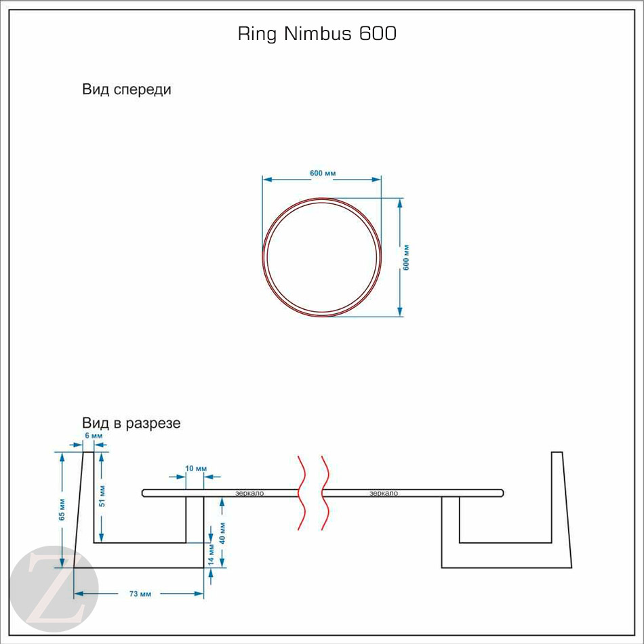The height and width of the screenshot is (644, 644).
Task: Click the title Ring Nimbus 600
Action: (x=317, y=34)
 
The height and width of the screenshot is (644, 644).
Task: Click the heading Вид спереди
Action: (x=127, y=89)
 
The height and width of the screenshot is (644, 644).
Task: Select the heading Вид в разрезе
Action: (x=132, y=424)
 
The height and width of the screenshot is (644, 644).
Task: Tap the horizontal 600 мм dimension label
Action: (x=323, y=174)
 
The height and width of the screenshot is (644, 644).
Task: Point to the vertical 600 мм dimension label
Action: (x=407, y=258)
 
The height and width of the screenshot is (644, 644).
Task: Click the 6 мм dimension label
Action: (x=94, y=435)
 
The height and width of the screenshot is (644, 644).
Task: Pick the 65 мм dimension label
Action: (x=62, y=509)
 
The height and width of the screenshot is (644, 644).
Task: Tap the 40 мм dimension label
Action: (x=223, y=532)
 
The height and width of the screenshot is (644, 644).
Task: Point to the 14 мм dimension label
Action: (x=212, y=555)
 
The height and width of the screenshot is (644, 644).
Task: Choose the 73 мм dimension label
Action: (x=140, y=594)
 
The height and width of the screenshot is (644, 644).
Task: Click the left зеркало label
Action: (x=249, y=494)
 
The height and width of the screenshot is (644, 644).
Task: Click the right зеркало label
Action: (x=384, y=494)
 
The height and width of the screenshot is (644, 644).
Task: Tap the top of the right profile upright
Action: (x=557, y=453)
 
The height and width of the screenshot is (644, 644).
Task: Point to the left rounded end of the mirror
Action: (x=144, y=493)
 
